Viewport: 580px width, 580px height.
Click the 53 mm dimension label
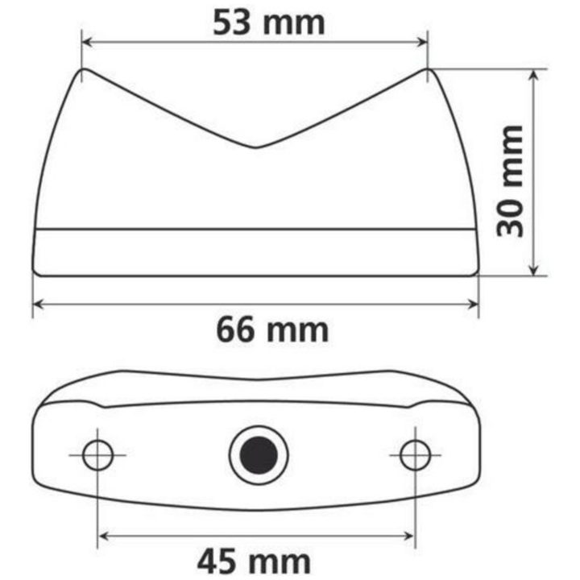click(x=269, y=23)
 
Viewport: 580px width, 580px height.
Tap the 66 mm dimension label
click(x=272, y=330)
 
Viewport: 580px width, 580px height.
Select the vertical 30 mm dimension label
click(x=510, y=181)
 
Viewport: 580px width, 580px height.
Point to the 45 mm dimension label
click(x=254, y=561)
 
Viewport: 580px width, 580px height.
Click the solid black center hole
click(x=259, y=454)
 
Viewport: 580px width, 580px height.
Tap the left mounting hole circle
click(x=97, y=455)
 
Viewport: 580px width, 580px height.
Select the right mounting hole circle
click(x=415, y=455)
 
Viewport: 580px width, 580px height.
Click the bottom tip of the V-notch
click(x=256, y=148)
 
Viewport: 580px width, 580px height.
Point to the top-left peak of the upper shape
click(x=84, y=69)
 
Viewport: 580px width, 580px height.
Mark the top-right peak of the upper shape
click(x=427, y=68)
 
